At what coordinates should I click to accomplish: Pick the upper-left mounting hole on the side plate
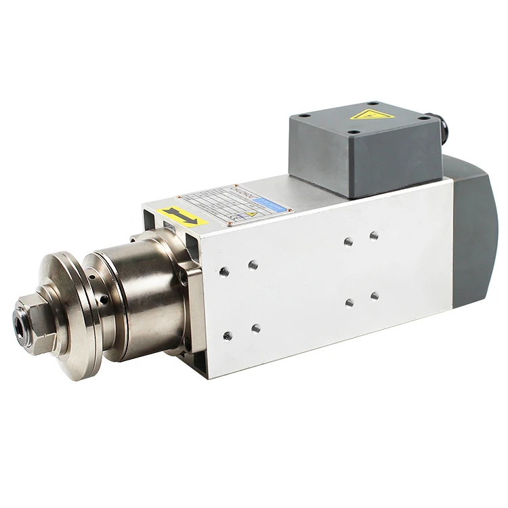pyautogui.click(x=224, y=272)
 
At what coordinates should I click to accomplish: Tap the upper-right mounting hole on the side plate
pyautogui.click(x=374, y=235)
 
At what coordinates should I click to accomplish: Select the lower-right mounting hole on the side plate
pyautogui.click(x=375, y=295)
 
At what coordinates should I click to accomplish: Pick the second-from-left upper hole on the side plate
pyautogui.click(x=253, y=265)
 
